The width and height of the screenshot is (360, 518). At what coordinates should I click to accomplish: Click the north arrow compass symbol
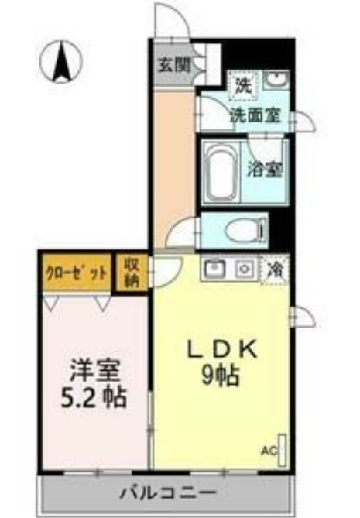pyautogui.click(x=60, y=61)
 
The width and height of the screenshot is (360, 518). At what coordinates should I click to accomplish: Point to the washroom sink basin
pyautogui.click(x=276, y=81)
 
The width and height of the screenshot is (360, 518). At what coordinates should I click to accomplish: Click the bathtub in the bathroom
pyautogui.click(x=222, y=173)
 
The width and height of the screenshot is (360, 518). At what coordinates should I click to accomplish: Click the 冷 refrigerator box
pyautogui.click(x=276, y=269)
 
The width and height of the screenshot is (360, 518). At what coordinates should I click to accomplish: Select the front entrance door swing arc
pyautogui.click(x=170, y=17)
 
